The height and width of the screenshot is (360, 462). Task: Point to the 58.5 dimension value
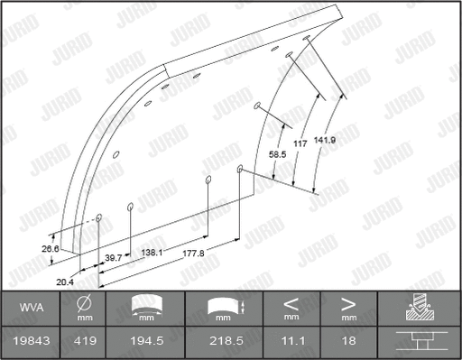(279, 154)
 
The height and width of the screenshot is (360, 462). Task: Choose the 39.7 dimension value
(114, 257)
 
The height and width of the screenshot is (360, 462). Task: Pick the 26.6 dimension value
(50, 248)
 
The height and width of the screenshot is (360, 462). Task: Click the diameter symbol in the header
(84, 303)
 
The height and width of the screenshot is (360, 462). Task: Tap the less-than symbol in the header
(291, 303)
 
